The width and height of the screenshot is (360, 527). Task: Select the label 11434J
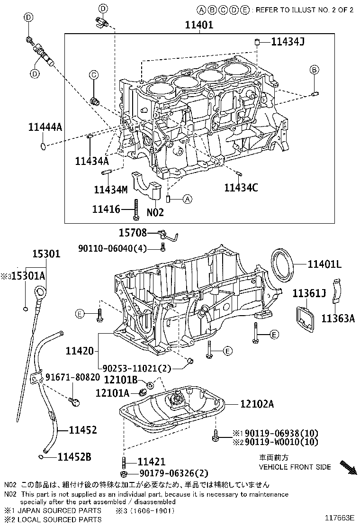tap(287, 42)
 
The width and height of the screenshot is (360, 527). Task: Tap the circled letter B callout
tap(314, 70)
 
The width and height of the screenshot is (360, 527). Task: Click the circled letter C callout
tap(94, 74)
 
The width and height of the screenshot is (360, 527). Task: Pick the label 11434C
tap(241, 187)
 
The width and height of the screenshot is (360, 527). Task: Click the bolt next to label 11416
tap(136, 209)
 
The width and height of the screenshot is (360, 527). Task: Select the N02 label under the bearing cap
tap(155, 212)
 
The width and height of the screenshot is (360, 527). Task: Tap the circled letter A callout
tap(187, 199)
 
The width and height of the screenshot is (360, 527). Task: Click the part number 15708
tap(133, 232)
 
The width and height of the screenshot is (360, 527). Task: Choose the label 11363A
tap(338, 318)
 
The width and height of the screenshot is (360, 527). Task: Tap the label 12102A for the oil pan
tap(257, 404)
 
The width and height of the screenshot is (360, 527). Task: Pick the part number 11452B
tap(74, 457)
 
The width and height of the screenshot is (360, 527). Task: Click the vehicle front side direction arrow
tap(348, 466)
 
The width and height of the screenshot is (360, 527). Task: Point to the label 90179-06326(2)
tap(174, 473)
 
